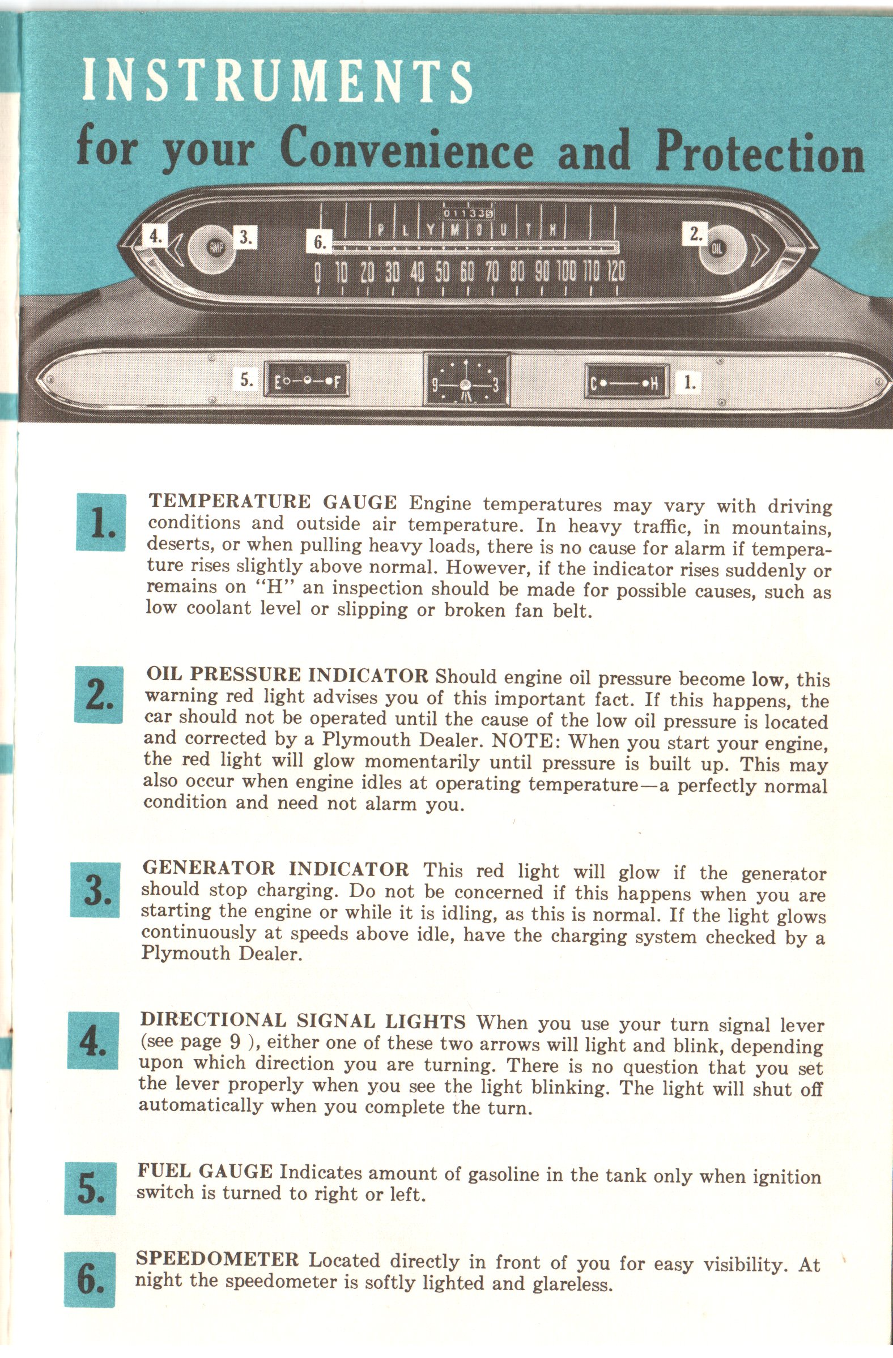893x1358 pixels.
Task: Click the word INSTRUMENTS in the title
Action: (x=278, y=82)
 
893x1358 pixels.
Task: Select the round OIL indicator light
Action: (x=717, y=248)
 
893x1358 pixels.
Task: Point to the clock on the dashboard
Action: (x=466, y=379)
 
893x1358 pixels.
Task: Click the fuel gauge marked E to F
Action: (x=306, y=381)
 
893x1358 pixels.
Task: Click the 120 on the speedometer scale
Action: (x=615, y=273)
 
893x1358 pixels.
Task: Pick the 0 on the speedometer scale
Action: (x=318, y=273)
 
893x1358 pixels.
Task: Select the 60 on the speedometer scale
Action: (x=467, y=273)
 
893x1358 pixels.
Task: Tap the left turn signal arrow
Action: (x=175, y=247)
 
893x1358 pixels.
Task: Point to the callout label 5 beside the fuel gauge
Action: (x=246, y=380)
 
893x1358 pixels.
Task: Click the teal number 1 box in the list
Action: (x=101, y=523)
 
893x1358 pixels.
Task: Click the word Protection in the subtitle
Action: (x=759, y=151)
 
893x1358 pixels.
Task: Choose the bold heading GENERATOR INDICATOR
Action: (x=275, y=869)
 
